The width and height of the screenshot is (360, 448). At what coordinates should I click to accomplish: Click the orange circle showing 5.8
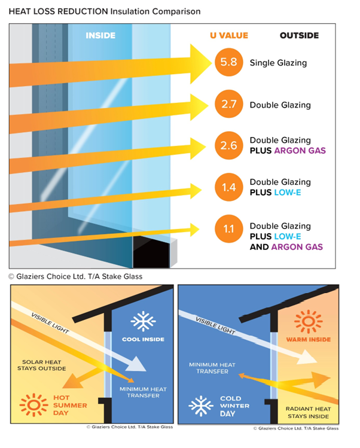[228, 62]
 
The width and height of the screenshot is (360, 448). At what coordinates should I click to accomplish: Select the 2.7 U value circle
[228, 104]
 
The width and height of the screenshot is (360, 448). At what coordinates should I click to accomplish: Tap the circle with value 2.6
[228, 145]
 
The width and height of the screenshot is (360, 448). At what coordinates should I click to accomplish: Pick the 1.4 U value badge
[228, 187]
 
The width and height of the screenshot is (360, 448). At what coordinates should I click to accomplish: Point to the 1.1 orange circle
[228, 229]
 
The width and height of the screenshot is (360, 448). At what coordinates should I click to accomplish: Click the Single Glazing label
[278, 63]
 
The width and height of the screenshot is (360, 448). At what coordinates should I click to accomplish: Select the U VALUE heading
[229, 35]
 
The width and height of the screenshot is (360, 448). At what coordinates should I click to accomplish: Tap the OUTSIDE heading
[299, 35]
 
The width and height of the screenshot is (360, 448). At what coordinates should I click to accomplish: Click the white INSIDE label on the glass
[100, 35]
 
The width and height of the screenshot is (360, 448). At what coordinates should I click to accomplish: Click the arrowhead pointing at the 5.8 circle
[200, 63]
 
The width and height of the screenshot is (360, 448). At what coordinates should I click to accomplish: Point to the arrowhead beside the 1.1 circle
[194, 230]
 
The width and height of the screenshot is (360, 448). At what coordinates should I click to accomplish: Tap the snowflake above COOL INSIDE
[143, 321]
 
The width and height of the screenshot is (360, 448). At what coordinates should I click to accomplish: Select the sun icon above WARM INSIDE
[309, 321]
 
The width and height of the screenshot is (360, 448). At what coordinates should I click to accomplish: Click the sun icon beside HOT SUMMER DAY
[33, 405]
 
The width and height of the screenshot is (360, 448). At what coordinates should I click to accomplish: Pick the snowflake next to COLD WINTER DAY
[201, 406]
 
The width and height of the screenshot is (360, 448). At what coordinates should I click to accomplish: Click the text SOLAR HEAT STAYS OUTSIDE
[42, 365]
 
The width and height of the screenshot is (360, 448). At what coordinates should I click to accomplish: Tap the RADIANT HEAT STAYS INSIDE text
[309, 413]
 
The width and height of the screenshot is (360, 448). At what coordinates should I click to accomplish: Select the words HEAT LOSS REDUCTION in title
[58, 11]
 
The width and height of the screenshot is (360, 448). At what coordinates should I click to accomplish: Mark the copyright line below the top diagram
[75, 276]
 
